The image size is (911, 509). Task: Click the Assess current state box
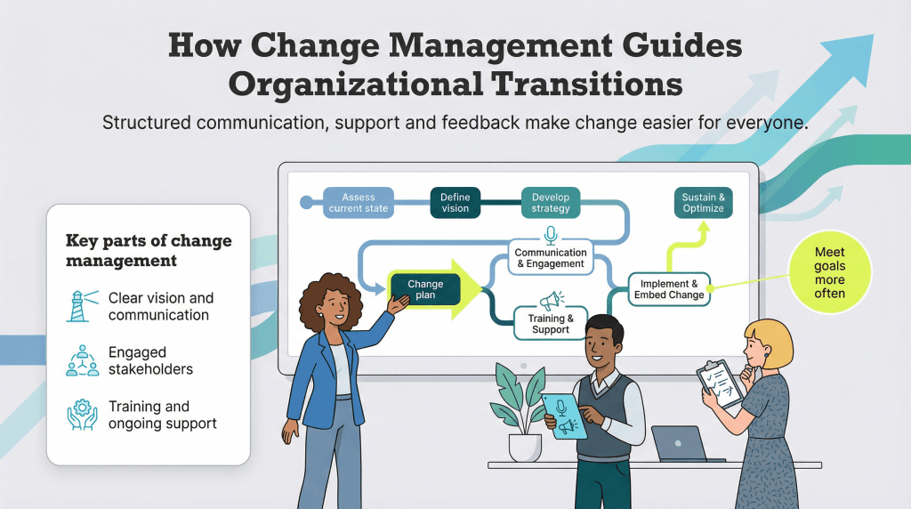coord(359,202)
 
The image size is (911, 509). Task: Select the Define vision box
coord(455,202)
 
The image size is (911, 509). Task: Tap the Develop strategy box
coord(551,202)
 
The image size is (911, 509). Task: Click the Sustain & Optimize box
coord(703,202)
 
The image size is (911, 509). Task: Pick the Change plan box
coord(425,290)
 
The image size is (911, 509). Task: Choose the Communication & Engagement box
coord(551,258)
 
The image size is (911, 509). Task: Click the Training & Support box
coord(551,324)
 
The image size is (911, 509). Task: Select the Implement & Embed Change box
coord(669,289)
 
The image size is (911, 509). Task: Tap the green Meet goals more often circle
coord(829,273)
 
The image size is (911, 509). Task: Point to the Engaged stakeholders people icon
coord(83,360)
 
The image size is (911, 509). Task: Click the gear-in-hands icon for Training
coord(83,415)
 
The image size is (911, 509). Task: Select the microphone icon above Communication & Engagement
coord(551,235)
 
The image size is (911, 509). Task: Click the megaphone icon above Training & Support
coord(552,300)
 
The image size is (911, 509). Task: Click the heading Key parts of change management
coord(149,251)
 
